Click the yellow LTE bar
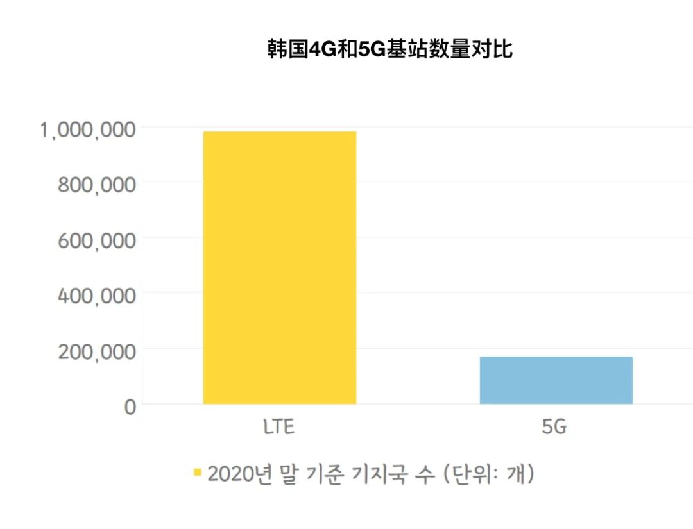click(x=280, y=267)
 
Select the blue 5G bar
click(x=556, y=380)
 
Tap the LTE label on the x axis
click(x=279, y=427)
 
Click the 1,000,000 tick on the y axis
click(x=88, y=130)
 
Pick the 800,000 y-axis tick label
click(x=97, y=185)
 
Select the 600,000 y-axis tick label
click(x=97, y=240)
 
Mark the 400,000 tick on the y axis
click(x=97, y=296)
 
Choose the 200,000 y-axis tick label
click(x=97, y=351)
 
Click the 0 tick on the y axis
click(x=130, y=407)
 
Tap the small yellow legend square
click(x=198, y=473)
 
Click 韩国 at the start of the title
click(x=288, y=49)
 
